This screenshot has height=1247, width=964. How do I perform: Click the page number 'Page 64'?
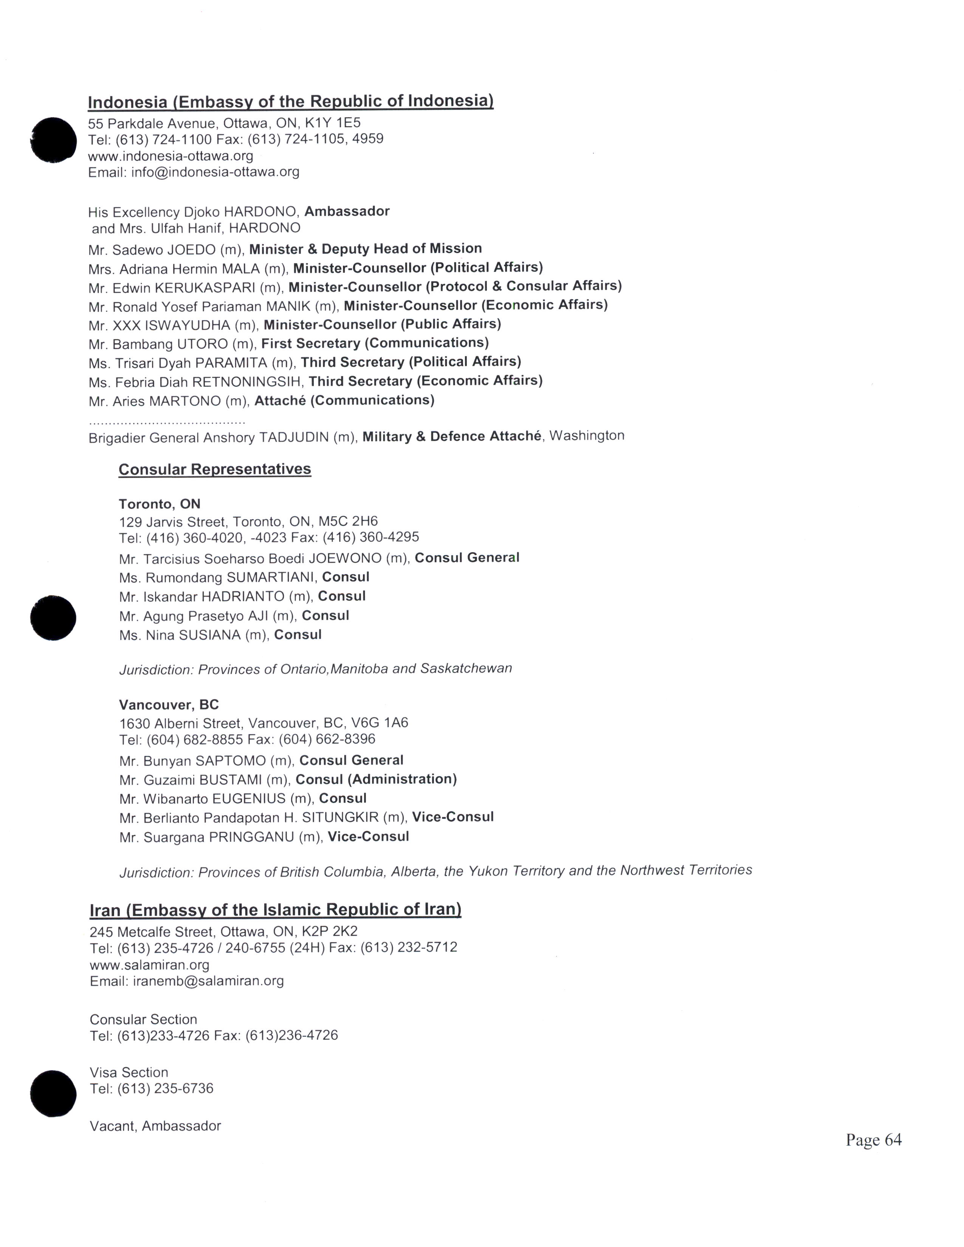point(873,1140)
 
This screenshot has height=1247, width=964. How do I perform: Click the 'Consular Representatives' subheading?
point(215,469)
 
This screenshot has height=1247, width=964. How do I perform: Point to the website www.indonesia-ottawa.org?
point(170,156)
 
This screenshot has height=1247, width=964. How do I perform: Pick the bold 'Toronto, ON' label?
point(159,504)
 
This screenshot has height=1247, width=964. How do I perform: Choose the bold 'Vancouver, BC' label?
point(169,705)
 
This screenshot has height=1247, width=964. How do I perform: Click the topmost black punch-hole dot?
point(53,140)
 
